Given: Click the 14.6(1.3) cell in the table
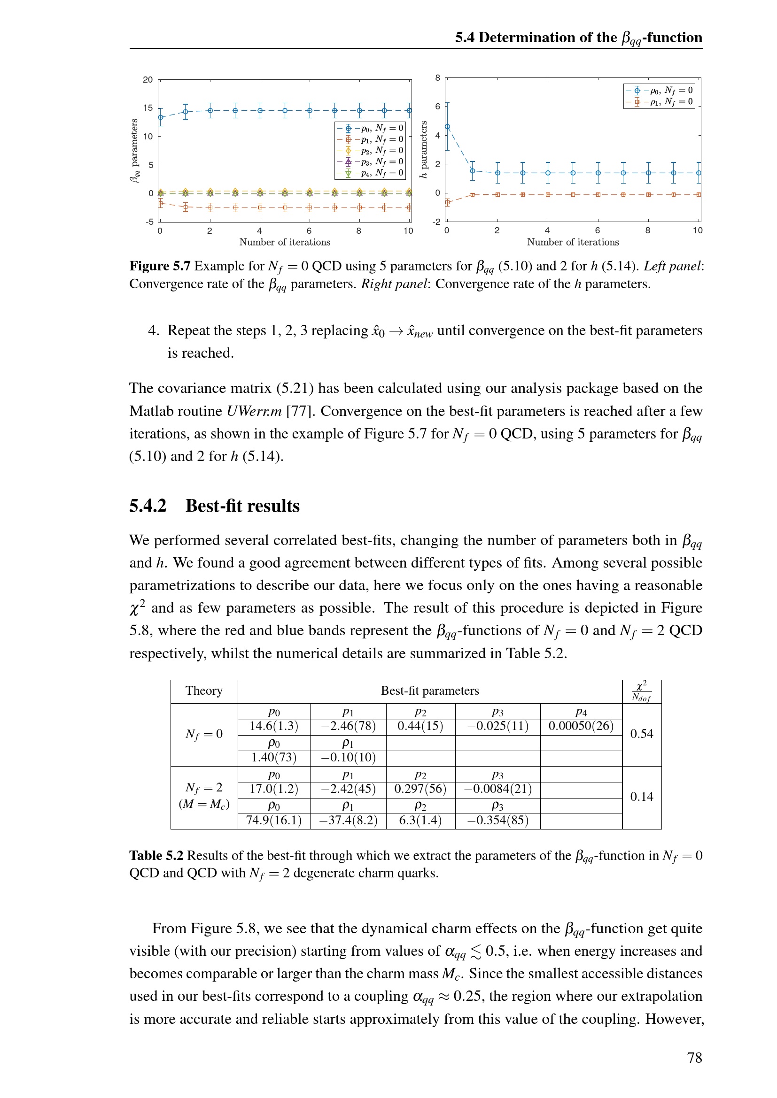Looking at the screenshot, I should click(x=274, y=726).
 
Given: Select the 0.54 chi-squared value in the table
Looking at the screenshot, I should click(x=642, y=734).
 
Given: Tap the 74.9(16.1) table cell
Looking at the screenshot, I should click(x=274, y=820).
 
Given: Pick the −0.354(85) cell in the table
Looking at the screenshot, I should click(x=497, y=820).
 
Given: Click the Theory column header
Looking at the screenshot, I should click(x=204, y=691).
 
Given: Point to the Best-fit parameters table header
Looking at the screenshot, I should click(x=430, y=691).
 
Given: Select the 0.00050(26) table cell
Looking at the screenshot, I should click(x=581, y=726).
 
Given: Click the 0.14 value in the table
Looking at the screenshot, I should click(x=642, y=796).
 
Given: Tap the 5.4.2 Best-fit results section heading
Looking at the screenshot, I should click(x=214, y=506).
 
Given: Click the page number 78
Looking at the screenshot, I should click(x=694, y=1057).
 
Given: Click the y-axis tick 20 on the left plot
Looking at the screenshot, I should click(x=148, y=80).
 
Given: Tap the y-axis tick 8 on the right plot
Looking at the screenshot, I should click(x=437, y=78).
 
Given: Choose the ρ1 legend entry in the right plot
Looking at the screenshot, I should click(x=660, y=101).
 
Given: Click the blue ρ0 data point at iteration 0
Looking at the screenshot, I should click(x=447, y=127).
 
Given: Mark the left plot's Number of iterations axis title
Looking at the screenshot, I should click(x=285, y=242).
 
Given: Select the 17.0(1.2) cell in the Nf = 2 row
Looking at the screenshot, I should click(x=274, y=789).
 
